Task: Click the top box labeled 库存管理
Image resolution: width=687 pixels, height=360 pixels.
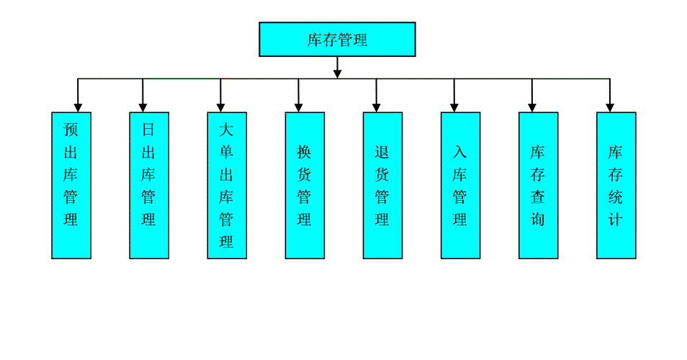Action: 337,39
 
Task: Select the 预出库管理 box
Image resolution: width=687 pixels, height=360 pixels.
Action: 71,185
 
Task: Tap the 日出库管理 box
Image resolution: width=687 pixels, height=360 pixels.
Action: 149,185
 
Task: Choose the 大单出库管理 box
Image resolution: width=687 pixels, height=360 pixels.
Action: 227,185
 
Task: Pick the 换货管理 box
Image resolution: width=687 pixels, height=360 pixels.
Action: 305,185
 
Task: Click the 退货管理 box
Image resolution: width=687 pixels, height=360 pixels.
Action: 382,185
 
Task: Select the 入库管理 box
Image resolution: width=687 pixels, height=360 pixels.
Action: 460,185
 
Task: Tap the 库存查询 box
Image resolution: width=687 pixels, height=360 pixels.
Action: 538,185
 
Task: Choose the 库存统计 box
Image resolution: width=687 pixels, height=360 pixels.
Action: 616,185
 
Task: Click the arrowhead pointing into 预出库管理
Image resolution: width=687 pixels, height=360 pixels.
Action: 78,107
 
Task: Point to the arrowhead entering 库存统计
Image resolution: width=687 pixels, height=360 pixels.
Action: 610,107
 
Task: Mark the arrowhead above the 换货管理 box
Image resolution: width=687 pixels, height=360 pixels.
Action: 299,107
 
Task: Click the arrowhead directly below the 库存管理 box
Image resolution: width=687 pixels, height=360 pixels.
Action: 337,73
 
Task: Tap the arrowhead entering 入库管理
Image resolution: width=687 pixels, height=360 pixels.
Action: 454,107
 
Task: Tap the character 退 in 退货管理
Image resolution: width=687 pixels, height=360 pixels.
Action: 382,152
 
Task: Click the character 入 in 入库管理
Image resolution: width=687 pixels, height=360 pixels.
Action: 460,152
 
